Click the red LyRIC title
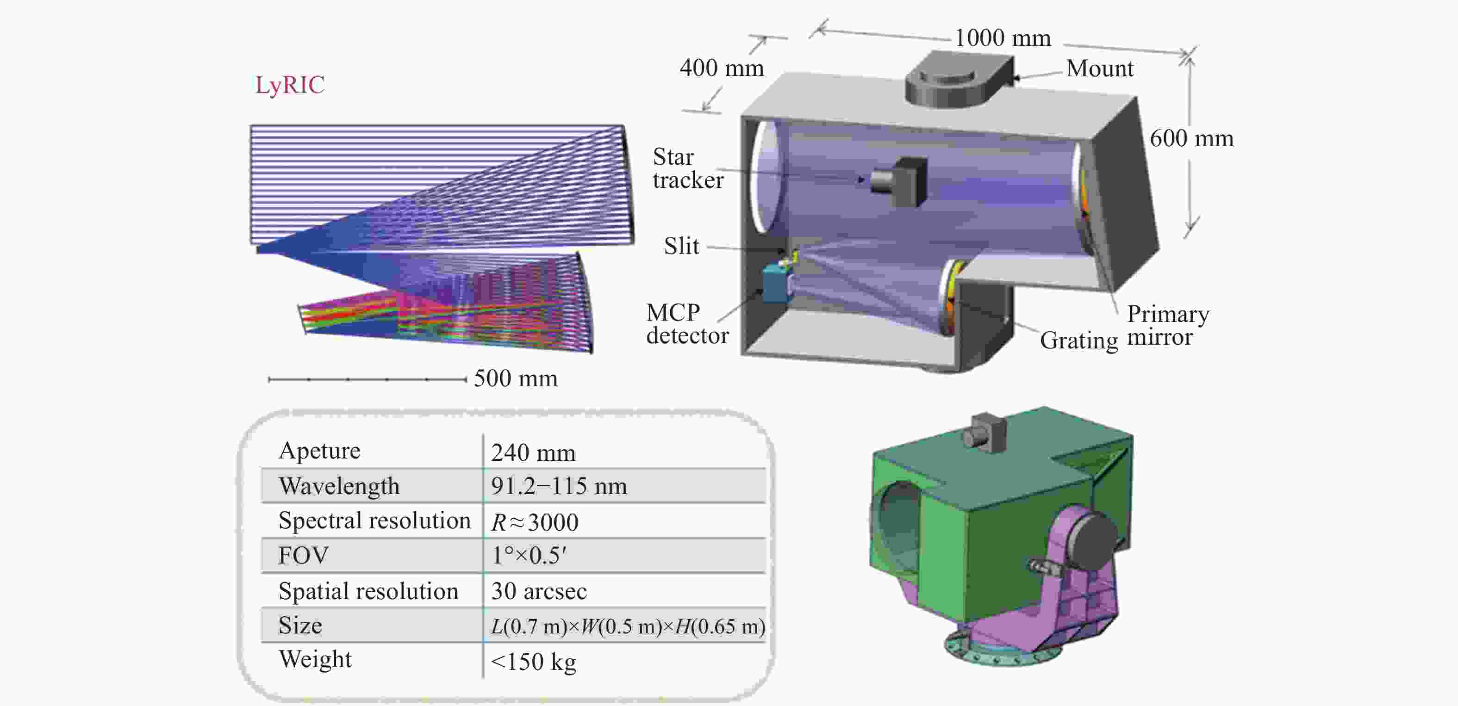(x=290, y=85)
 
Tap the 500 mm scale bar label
(x=516, y=378)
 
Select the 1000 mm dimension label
(x=1003, y=38)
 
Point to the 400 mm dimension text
(x=722, y=68)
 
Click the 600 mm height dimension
(x=1191, y=138)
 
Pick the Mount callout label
(x=1100, y=68)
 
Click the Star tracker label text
(x=688, y=168)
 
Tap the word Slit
(x=681, y=246)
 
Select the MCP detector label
(x=687, y=323)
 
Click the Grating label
(x=1079, y=341)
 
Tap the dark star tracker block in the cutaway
(x=899, y=180)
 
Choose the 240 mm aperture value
(x=533, y=452)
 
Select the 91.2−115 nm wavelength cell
(x=559, y=486)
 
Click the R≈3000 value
(x=534, y=521)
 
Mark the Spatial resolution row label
(x=368, y=591)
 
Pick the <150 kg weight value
(x=533, y=661)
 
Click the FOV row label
(x=303, y=556)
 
